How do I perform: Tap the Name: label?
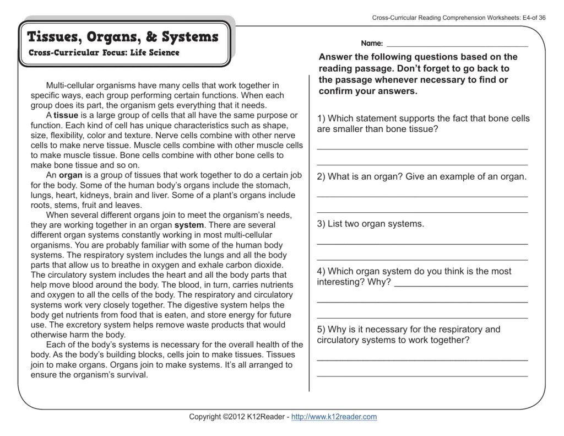coord(372,43)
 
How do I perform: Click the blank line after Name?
coord(457,44)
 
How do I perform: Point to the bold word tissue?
coord(66,115)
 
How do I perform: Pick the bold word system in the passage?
coord(189,225)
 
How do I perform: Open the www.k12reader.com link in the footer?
coord(334,417)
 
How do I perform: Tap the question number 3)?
coord(321,224)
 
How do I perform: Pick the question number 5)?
coord(321,329)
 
